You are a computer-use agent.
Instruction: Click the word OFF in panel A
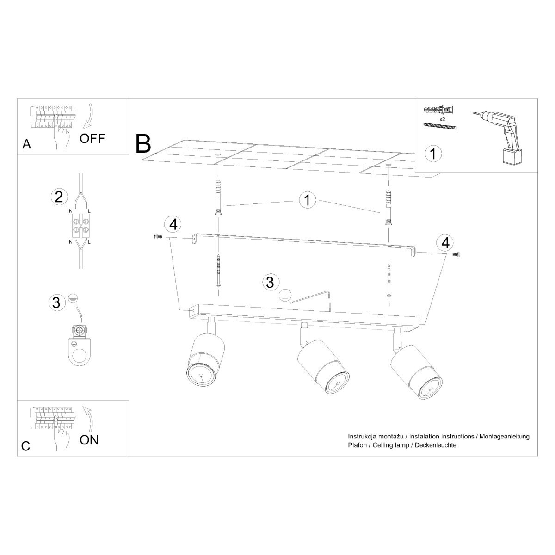click(x=92, y=138)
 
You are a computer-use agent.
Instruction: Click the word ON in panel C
click(x=89, y=439)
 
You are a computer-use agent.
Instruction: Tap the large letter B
click(x=144, y=144)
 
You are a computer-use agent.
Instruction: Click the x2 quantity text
click(x=443, y=118)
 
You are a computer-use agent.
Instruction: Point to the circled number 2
click(x=58, y=197)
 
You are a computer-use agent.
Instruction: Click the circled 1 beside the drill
click(x=433, y=154)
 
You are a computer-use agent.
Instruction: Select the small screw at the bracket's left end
click(x=157, y=236)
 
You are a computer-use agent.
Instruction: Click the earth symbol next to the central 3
click(x=285, y=295)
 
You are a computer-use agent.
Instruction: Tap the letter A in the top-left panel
click(x=27, y=145)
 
